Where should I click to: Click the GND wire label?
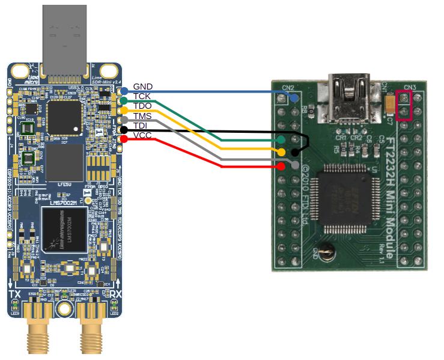(143, 87)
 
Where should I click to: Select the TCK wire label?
(142, 96)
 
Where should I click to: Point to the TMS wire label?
(142, 115)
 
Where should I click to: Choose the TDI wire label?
(141, 125)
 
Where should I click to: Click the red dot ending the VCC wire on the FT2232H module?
(282, 165)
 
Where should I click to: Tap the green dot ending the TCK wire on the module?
(282, 140)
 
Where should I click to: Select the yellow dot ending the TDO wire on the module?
(282, 153)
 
